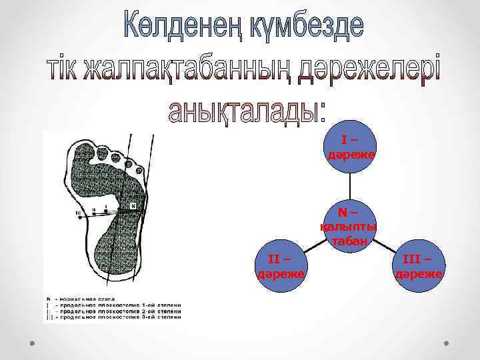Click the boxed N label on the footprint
133,206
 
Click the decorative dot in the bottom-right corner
446,344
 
